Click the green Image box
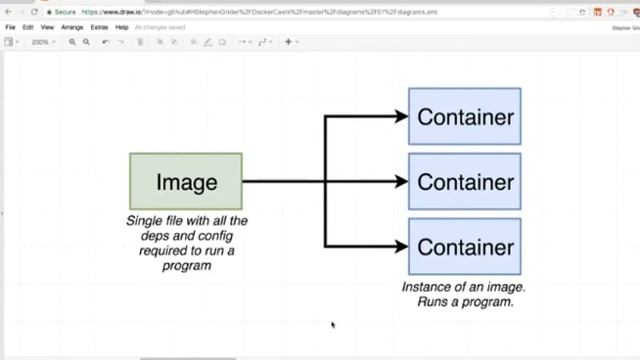(x=186, y=181)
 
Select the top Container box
(x=464, y=117)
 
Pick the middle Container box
(x=464, y=182)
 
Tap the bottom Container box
(x=464, y=246)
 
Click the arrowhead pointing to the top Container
(x=402, y=117)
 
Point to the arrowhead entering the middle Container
(x=402, y=182)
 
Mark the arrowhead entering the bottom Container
(x=402, y=246)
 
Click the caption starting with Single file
(x=187, y=243)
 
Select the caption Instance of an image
(x=464, y=294)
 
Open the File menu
(x=11, y=27)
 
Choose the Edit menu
(x=28, y=27)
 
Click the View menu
(x=47, y=27)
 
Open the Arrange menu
(x=71, y=27)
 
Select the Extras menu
(x=99, y=27)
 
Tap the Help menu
(x=122, y=27)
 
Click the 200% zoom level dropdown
(x=41, y=42)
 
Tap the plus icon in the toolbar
(x=289, y=42)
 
